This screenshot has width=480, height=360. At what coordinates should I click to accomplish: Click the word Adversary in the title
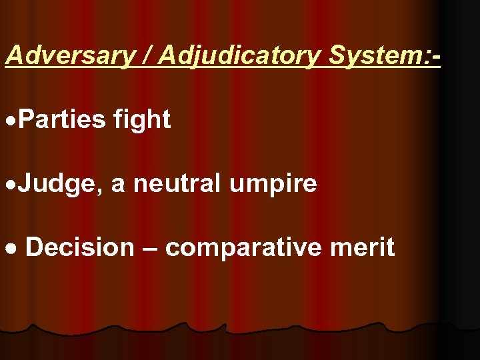click(69, 56)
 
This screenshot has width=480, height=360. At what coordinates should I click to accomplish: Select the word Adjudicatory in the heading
click(239, 56)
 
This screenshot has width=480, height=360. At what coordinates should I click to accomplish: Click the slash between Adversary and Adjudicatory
click(145, 56)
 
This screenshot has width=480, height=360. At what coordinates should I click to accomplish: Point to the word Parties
click(63, 120)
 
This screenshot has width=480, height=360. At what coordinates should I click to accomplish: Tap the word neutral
click(177, 183)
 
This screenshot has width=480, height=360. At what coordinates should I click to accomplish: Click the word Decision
click(79, 247)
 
